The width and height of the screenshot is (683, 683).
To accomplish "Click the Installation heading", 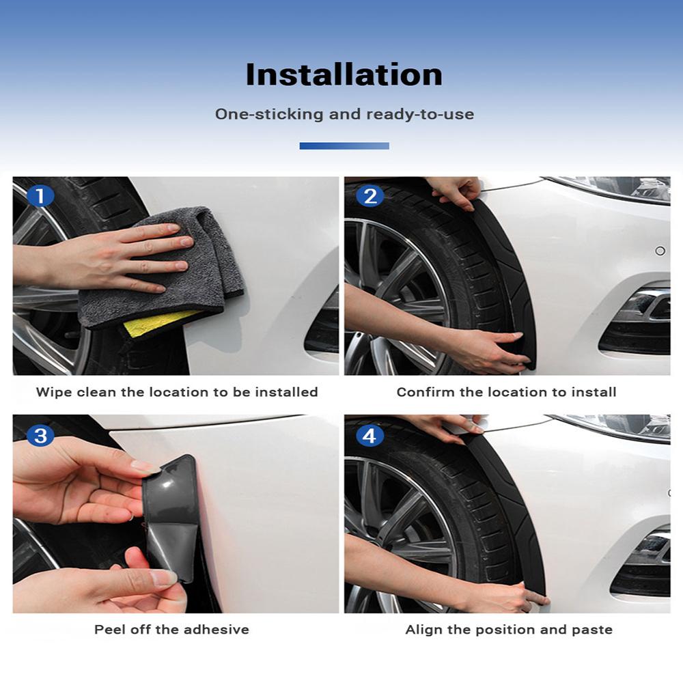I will [x=344, y=74].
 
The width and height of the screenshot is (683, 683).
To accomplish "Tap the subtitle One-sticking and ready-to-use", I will [x=344, y=114].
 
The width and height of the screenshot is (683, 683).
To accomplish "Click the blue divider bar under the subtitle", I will [x=344, y=145].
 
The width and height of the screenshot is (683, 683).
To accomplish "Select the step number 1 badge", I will [x=40, y=197].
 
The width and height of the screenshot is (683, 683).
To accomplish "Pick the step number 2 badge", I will [x=370, y=197].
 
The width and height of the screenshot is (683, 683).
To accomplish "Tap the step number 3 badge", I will [x=40, y=435].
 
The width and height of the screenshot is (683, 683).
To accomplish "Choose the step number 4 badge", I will [x=370, y=435].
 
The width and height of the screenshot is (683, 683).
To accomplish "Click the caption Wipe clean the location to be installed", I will [x=177, y=392].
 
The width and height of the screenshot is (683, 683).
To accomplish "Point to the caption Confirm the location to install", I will [x=506, y=392].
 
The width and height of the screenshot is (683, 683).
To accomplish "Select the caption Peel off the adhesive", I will [x=171, y=629].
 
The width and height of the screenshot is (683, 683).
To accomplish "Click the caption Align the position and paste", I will [x=509, y=629].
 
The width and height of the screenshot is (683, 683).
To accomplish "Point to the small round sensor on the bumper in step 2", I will [x=660, y=251].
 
